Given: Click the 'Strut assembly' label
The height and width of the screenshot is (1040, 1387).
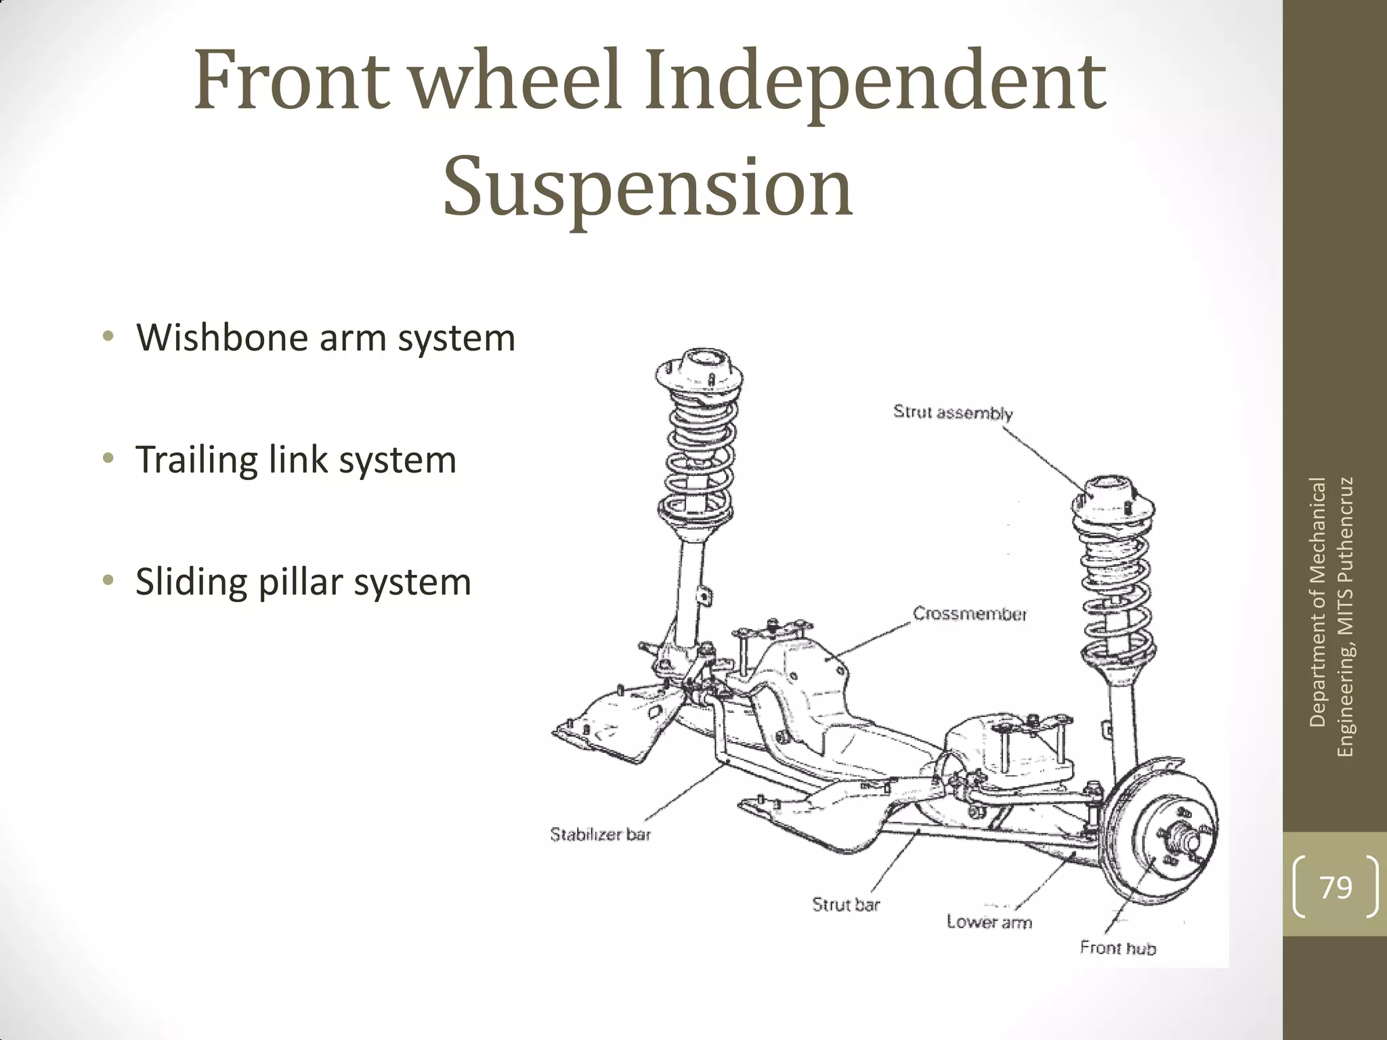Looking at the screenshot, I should click(x=953, y=412).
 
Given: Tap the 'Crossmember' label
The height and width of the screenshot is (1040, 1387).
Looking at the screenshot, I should click(x=970, y=614).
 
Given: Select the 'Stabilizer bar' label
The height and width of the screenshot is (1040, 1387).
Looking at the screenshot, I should click(x=600, y=834).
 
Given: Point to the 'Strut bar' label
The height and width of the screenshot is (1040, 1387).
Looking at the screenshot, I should click(x=846, y=904).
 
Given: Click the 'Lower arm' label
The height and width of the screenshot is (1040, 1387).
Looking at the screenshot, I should click(x=989, y=922).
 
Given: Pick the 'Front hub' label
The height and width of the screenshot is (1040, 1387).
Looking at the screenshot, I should click(x=1118, y=947).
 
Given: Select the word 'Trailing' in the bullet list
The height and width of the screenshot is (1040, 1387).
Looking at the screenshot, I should click(x=196, y=459).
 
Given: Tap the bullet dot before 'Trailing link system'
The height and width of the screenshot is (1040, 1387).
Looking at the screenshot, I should click(x=107, y=459).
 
